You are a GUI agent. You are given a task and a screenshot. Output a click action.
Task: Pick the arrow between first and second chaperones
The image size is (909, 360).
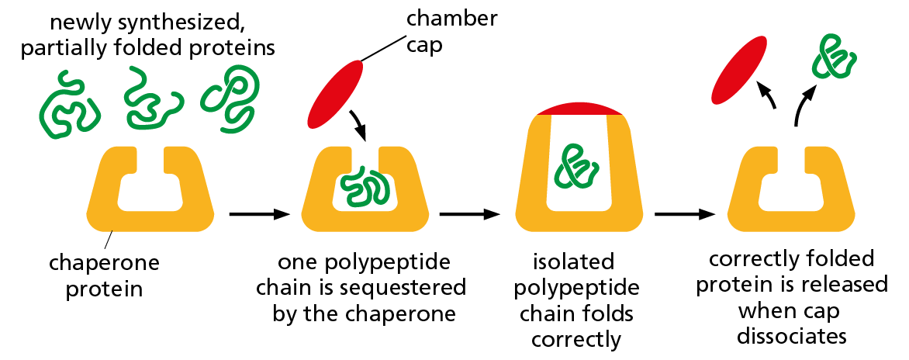[x=259, y=213]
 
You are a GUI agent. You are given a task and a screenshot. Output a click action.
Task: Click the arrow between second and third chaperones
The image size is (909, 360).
[x=469, y=213]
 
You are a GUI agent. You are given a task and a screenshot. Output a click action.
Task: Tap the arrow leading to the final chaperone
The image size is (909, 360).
[x=683, y=213]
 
